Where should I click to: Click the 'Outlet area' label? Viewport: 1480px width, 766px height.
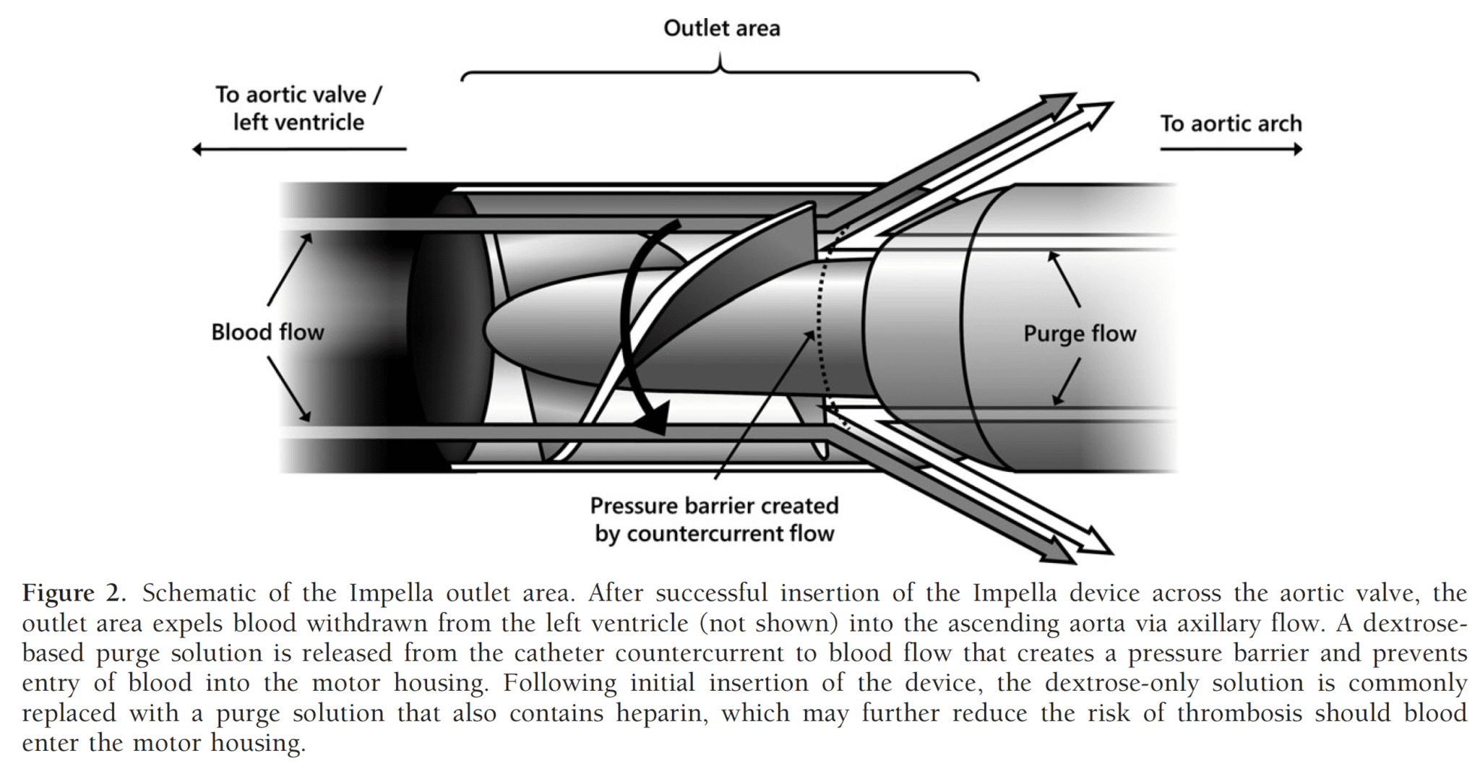[x=721, y=28]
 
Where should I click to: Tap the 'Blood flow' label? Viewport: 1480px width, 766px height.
[x=267, y=332]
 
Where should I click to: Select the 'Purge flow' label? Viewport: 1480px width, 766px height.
[x=1080, y=334]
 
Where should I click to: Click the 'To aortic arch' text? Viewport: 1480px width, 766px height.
[x=1231, y=124]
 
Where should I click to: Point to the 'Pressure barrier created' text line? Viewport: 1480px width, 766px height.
[x=714, y=505]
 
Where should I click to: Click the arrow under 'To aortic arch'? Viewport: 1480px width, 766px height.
[x=1231, y=150]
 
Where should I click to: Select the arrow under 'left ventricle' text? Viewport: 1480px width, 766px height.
[x=299, y=150]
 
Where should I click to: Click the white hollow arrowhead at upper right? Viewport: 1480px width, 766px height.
[x=1095, y=113]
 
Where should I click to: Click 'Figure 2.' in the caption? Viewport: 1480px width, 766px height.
[x=74, y=593]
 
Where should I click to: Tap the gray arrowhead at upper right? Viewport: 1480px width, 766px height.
[x=1059, y=104]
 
